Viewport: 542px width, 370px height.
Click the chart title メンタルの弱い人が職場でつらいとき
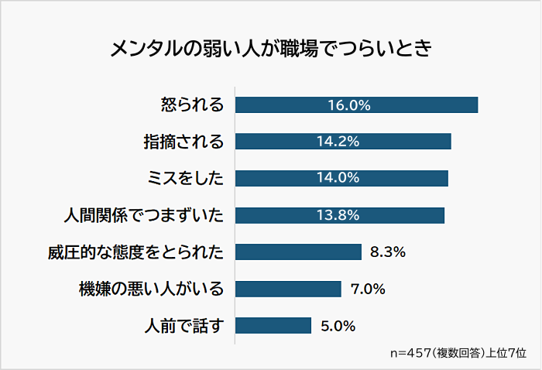tap(270, 49)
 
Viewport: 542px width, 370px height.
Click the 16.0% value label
tap(348, 104)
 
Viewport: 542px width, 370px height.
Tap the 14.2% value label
tap(338, 142)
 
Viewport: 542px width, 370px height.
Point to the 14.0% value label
tap(338, 178)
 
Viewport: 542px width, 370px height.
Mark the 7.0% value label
tap(368, 289)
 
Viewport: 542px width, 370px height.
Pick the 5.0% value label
tap(338, 325)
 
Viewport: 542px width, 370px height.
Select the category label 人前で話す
tap(184, 325)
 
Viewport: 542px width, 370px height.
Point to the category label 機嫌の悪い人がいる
tap(151, 289)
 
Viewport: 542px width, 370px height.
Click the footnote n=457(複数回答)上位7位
tap(458, 352)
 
